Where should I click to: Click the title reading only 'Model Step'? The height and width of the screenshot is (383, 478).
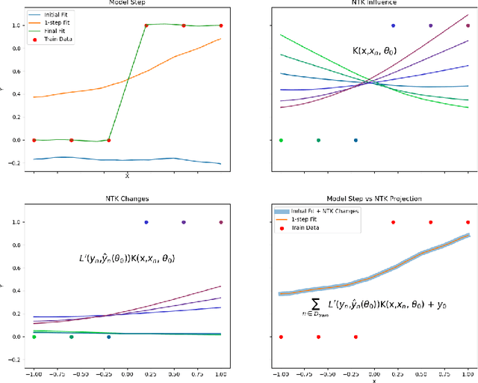[x=127, y=3]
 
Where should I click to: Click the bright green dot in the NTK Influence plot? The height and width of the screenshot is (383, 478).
[x=281, y=140]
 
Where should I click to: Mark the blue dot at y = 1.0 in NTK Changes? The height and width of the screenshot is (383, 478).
[x=146, y=222]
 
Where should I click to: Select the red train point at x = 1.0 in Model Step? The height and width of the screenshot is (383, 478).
[x=221, y=25]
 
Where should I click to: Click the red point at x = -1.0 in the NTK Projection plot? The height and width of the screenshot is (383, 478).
[x=281, y=337]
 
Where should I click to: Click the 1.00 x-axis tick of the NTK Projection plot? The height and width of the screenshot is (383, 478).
[x=468, y=373]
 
